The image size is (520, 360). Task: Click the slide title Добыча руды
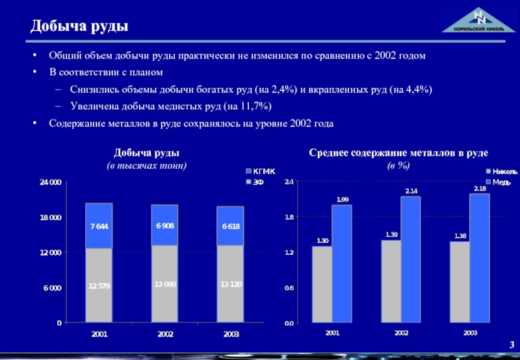point(79,26)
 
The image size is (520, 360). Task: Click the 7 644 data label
point(99,225)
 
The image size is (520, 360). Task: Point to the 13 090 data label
point(165,284)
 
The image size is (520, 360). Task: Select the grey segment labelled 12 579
point(99,285)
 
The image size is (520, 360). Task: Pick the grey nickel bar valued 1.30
point(322,284)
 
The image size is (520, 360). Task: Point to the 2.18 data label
point(480,188)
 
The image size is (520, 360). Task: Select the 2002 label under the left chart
point(165,333)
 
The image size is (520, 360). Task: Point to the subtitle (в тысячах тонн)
point(147,165)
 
